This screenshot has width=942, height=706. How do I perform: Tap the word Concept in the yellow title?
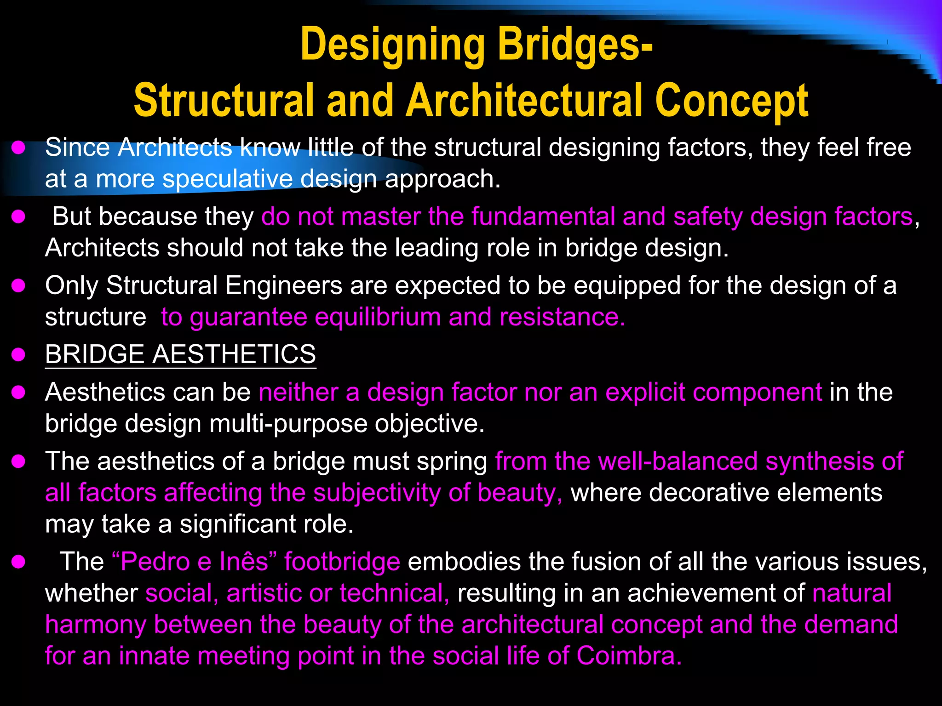pyautogui.click(x=731, y=101)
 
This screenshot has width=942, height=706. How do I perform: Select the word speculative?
pyautogui.click(x=228, y=179)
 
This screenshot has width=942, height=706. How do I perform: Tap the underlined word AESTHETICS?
pyautogui.click(x=234, y=354)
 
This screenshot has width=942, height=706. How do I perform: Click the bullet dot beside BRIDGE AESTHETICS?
pyautogui.click(x=18, y=355)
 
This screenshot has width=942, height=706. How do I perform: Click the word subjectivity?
pyautogui.click(x=377, y=493)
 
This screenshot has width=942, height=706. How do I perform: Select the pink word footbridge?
pyautogui.click(x=342, y=562)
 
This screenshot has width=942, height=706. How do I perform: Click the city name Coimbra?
pyautogui.click(x=628, y=655)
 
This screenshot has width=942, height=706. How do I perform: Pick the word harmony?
pyautogui.click(x=95, y=625)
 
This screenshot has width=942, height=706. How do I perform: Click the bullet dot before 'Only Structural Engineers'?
pyautogui.click(x=18, y=286)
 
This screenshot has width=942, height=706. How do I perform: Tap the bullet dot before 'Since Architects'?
pyautogui.click(x=18, y=148)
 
